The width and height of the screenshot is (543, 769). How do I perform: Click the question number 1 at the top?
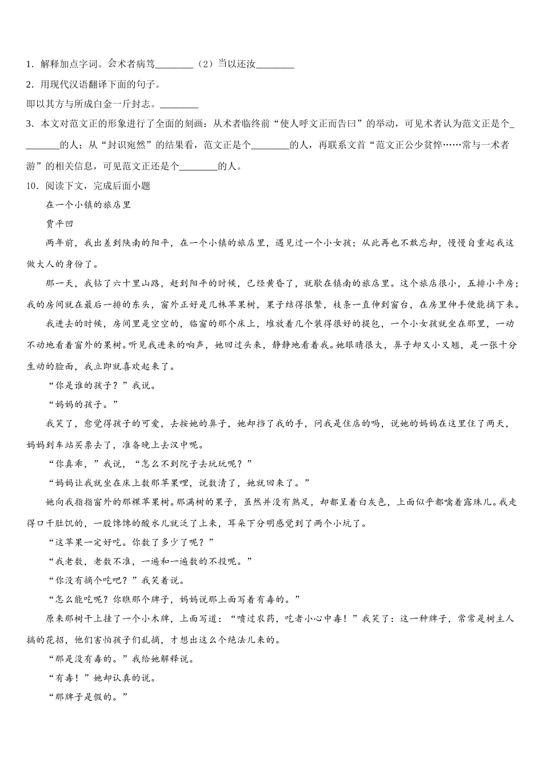click(x=29, y=65)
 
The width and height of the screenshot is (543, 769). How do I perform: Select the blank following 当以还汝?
click(x=275, y=65)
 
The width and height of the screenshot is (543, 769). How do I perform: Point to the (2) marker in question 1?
click(x=205, y=65)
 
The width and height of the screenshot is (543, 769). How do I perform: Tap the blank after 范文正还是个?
click(x=198, y=167)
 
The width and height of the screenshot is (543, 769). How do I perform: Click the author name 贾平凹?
click(x=60, y=224)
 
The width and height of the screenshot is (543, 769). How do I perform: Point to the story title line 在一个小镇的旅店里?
click(x=89, y=205)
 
